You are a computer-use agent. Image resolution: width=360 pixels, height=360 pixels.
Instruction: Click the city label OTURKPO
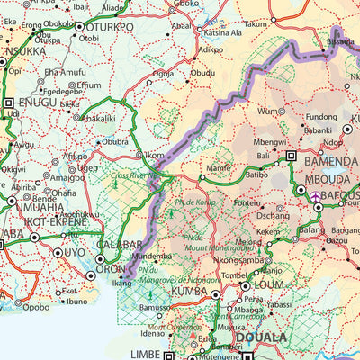[109, 27]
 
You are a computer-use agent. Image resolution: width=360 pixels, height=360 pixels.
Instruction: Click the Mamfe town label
[219, 167]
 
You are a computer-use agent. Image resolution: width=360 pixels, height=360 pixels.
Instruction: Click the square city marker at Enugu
[9, 103]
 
